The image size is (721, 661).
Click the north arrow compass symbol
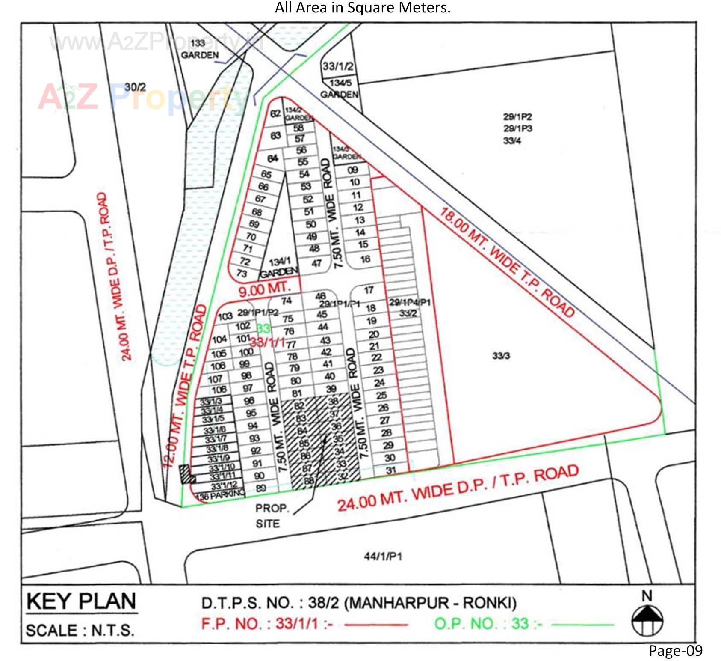click(647, 619)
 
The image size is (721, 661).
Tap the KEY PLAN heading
click(81, 601)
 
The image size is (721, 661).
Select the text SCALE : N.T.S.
click(80, 631)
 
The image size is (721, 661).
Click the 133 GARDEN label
click(199, 49)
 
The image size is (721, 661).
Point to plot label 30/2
click(135, 87)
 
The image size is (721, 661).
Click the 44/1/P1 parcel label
click(383, 557)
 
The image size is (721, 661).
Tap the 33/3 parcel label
click(501, 356)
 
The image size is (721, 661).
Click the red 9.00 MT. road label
click(264, 289)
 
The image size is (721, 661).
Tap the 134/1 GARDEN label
click(279, 268)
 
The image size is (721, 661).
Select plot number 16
click(365, 259)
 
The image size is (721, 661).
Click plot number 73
click(242, 274)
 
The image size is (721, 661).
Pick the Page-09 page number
click(675, 650)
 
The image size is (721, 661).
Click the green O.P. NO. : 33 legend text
click(488, 624)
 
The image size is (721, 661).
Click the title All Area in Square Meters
click(363, 8)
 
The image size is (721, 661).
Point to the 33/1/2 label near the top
click(338, 66)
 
